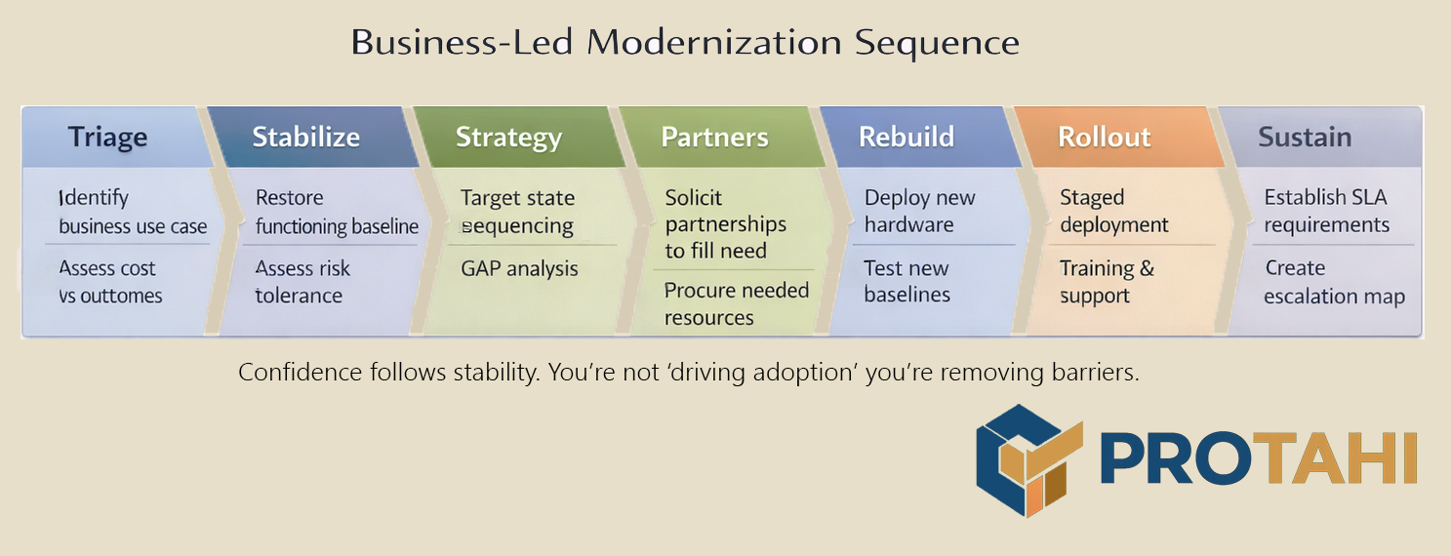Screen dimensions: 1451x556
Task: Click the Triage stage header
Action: [108, 138]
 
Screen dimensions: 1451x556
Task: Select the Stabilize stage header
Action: [305, 138]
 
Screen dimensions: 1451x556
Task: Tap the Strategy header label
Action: [508, 138]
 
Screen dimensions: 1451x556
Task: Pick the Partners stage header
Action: [714, 138]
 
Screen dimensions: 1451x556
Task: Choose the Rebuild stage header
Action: [907, 138]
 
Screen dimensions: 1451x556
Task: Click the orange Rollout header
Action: [1105, 138]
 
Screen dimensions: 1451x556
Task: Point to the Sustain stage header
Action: [1305, 138]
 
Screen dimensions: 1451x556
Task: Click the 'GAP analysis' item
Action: [519, 268]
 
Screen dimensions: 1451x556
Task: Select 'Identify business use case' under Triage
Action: [133, 212]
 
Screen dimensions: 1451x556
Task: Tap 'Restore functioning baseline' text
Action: [337, 212]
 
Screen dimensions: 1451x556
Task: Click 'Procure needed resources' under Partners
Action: [737, 303]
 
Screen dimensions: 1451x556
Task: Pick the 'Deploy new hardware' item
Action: [920, 211]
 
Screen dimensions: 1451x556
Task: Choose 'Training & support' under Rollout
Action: [1108, 282]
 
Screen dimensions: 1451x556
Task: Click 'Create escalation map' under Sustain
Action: [1335, 282]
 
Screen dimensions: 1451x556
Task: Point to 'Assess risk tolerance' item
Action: [302, 282]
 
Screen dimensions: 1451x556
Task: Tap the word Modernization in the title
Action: [714, 42]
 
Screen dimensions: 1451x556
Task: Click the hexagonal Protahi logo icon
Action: [1029, 460]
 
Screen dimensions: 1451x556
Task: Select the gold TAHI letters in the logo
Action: [1335, 458]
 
